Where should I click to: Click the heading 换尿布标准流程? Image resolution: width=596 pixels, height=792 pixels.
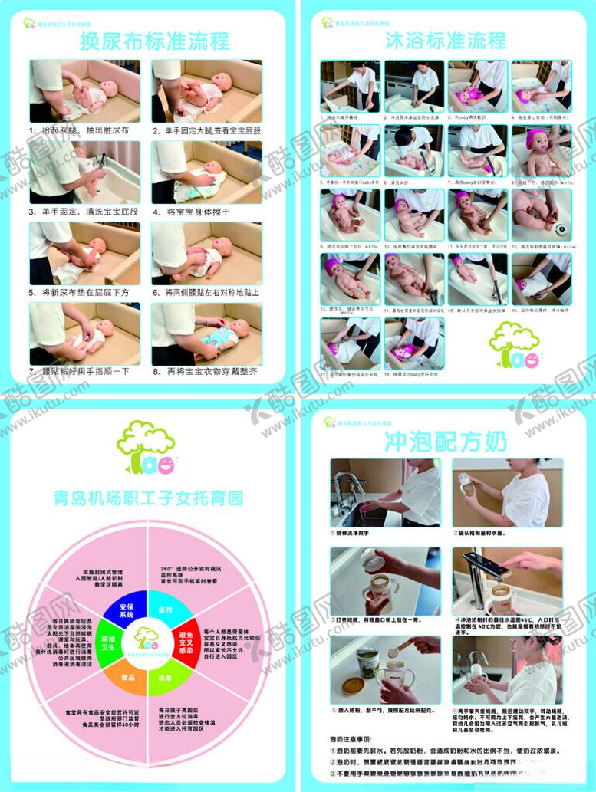tap(155, 41)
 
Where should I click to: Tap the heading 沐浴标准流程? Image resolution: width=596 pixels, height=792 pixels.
tap(446, 40)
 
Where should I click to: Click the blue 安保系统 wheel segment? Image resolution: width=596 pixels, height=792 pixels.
tap(121, 610)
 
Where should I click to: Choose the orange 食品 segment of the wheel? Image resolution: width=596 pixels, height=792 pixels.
tap(129, 677)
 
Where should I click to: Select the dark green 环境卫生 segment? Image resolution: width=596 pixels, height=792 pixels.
tap(105, 643)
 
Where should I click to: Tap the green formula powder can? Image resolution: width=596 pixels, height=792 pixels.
tap(367, 660)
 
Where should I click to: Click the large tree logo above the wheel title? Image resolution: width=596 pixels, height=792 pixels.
tap(145, 447)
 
